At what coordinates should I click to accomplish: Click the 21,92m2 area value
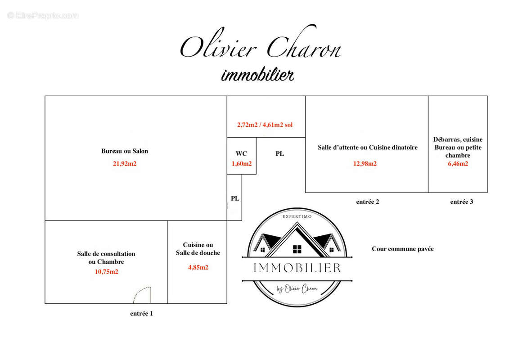click(x=125, y=164)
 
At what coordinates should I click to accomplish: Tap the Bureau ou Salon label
click(x=125, y=151)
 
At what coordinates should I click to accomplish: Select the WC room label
click(x=241, y=153)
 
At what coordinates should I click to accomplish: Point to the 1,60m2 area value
click(x=242, y=164)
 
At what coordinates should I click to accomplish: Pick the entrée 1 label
click(x=141, y=314)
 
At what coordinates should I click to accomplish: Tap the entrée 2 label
click(x=368, y=202)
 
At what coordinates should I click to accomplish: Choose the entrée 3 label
click(x=462, y=202)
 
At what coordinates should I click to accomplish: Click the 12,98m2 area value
click(x=365, y=164)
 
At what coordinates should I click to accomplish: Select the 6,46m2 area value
click(x=458, y=164)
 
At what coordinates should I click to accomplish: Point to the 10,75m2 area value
click(x=107, y=272)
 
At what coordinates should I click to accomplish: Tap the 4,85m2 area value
click(x=198, y=267)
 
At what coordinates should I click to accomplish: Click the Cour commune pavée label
click(x=402, y=249)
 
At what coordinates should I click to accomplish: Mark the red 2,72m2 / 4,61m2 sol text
click(x=265, y=125)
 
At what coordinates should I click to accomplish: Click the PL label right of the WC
click(x=279, y=154)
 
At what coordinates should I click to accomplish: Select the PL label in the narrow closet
click(x=235, y=198)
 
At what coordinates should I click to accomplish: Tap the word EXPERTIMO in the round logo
click(x=297, y=216)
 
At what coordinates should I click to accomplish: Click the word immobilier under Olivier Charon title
click(x=258, y=75)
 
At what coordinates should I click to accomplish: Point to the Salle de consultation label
click(x=106, y=254)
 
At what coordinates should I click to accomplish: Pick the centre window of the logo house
click(x=297, y=249)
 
